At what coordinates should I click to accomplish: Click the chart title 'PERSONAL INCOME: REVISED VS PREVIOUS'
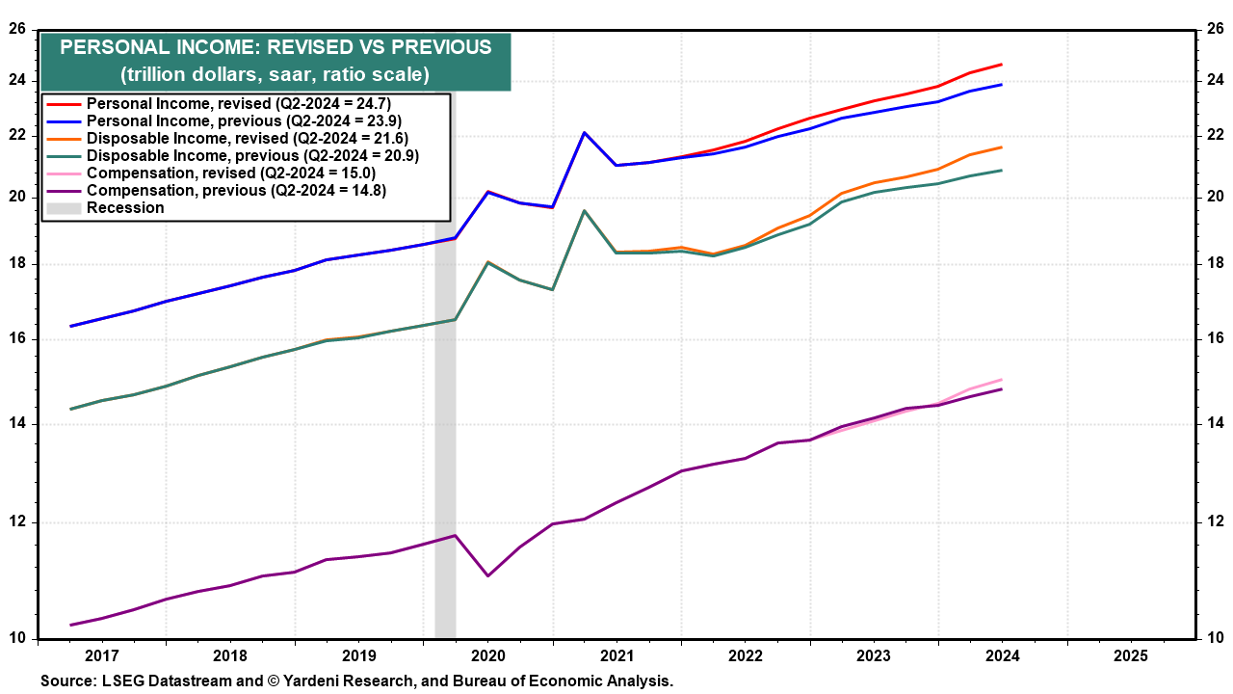coord(275,47)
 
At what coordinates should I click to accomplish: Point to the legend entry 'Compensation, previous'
coord(236,190)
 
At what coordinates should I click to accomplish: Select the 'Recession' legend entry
coord(125,207)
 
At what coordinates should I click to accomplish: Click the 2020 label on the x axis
coord(487,656)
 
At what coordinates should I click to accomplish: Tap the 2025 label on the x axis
coord(1131,656)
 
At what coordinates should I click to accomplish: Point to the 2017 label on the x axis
coord(101,656)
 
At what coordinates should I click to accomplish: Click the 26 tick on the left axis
coord(17,29)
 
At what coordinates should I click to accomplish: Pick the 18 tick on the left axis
coord(17,265)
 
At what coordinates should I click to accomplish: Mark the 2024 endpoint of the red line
coord(1002,65)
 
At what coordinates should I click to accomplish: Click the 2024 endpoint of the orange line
coord(1002,147)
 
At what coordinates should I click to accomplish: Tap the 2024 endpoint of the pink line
coord(1002,380)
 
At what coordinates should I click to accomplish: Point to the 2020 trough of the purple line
coord(487,576)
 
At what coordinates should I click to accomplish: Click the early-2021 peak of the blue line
coord(585,133)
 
